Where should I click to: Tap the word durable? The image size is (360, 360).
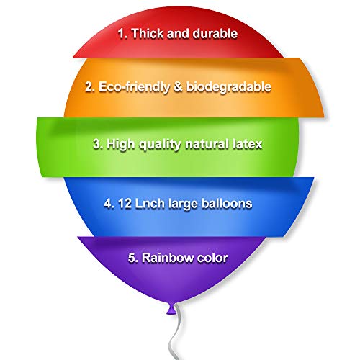(215, 33)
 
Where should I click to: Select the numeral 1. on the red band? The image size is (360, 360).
(123, 33)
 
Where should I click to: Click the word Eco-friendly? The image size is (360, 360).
(134, 87)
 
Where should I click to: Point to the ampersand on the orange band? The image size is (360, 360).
(178, 86)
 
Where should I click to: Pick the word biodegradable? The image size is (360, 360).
(229, 87)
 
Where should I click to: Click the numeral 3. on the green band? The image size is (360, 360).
(98, 144)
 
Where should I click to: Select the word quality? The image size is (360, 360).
(160, 145)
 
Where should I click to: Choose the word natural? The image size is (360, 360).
(207, 144)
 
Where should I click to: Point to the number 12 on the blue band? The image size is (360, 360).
(125, 204)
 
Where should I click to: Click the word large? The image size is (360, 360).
(183, 204)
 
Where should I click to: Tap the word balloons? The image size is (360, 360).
(227, 204)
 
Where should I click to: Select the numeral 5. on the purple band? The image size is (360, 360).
(133, 258)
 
